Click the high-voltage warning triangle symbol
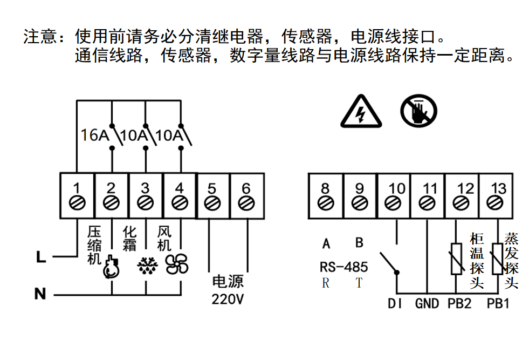pyautogui.click(x=361, y=113)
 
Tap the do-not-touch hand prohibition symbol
pyautogui.click(x=418, y=112)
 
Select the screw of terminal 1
pyautogui.click(x=77, y=203)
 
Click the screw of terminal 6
pyautogui.click(x=246, y=203)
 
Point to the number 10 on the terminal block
pyautogui.click(x=397, y=188)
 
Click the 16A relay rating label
pyautogui.click(x=95, y=135)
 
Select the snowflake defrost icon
pyautogui.click(x=146, y=265)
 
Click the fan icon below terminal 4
pyautogui.click(x=177, y=264)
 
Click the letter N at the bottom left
pyautogui.click(x=40, y=295)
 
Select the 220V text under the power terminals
pyautogui.click(x=228, y=299)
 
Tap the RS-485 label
pyautogui.click(x=344, y=267)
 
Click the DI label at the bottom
pyautogui.click(x=395, y=304)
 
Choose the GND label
pyautogui.click(x=427, y=304)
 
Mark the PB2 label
pyautogui.click(x=459, y=304)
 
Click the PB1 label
pyautogui.click(x=498, y=304)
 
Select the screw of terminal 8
pyautogui.click(x=325, y=203)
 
